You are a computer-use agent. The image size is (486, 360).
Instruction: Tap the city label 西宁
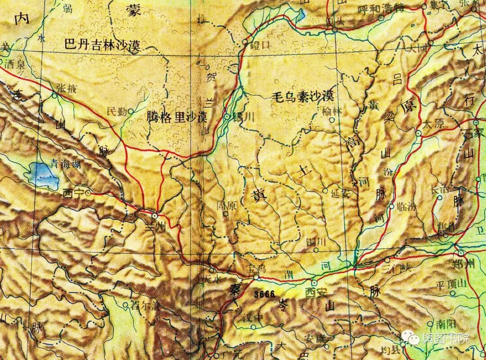tap(73, 193)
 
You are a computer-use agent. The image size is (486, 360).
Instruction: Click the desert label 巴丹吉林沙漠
tap(103, 45)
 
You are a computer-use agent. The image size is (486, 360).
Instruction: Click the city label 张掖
tap(66, 89)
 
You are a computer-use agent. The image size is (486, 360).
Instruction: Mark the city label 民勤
tap(117, 112)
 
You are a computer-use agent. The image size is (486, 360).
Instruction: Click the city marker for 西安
tap(314, 283)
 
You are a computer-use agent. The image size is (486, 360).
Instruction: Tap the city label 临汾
tap(408, 207)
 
